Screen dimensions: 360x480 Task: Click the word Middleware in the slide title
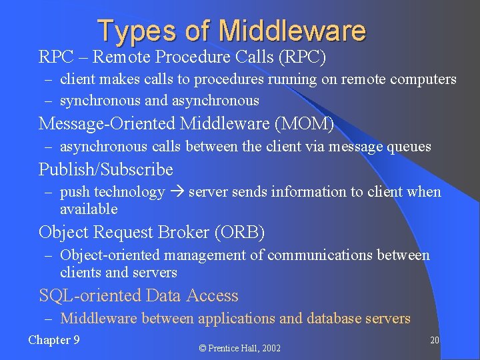coord(293,31)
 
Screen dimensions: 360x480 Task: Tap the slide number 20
coord(434,341)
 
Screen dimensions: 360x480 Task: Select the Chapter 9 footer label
coord(54,340)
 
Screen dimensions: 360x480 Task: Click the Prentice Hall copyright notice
coord(240,348)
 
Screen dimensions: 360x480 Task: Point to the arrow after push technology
coord(177,192)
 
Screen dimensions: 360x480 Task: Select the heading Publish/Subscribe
coord(105,169)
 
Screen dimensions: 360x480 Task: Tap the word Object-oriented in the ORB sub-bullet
coord(110,255)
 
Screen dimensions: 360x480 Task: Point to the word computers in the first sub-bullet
coord(423,79)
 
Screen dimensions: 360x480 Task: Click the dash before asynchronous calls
coord(49,147)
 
